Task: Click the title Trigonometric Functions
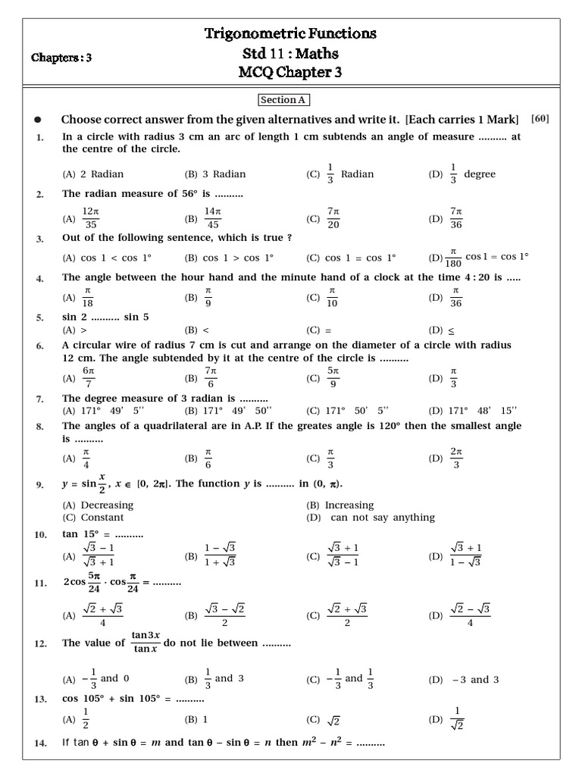point(290,33)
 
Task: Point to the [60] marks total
point(540,118)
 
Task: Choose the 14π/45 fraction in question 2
point(212,218)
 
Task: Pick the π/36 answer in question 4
point(455,298)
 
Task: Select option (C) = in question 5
point(325,330)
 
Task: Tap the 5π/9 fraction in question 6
point(333,377)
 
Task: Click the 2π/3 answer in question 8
point(455,458)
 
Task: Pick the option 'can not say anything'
point(383,518)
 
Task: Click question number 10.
point(41,535)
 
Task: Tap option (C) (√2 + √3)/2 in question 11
point(347,615)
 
